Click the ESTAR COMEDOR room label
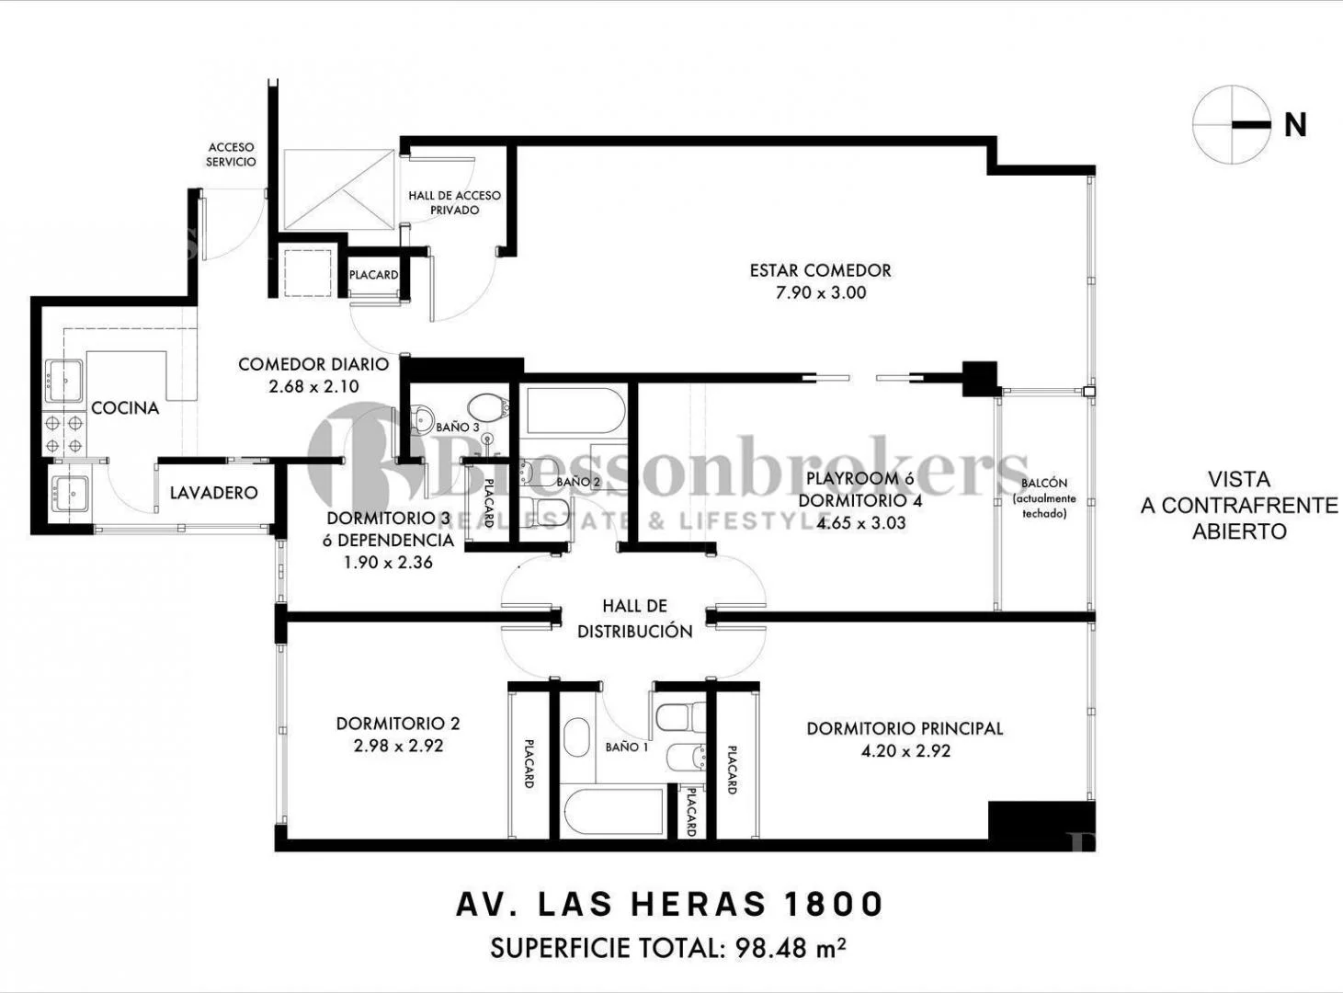click(x=820, y=270)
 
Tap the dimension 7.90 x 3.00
click(x=820, y=293)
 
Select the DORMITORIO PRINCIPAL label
click(x=905, y=728)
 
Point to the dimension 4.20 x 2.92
click(x=905, y=751)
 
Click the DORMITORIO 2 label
click(x=397, y=724)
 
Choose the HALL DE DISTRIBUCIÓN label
click(x=634, y=618)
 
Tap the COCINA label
click(x=125, y=407)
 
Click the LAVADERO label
click(x=213, y=493)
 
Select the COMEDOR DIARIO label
click(x=313, y=364)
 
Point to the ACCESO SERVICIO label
click(x=231, y=154)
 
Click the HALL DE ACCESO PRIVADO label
click(x=454, y=202)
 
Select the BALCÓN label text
click(x=1044, y=484)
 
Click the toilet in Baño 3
click(x=484, y=406)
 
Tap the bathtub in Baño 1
click(x=613, y=811)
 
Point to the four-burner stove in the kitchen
click(x=64, y=433)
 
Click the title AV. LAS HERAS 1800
click(x=669, y=904)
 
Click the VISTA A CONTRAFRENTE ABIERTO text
click(x=1238, y=505)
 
